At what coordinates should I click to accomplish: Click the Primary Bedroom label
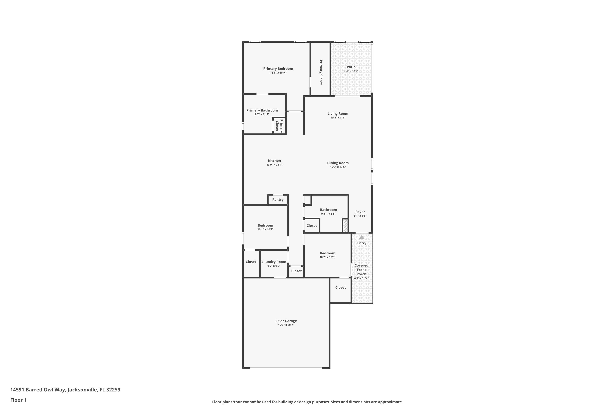pos(278,68)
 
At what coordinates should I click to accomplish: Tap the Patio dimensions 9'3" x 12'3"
pos(351,71)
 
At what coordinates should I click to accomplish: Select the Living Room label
pos(338,114)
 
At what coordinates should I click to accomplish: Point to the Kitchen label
pos(274,161)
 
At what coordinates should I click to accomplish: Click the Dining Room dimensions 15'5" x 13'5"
pos(338,167)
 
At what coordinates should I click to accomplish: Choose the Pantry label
pos(278,199)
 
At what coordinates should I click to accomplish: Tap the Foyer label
pos(360,212)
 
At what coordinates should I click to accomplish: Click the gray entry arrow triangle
pos(362,237)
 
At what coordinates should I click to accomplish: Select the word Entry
pos(362,243)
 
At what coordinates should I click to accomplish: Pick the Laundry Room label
pos(274,262)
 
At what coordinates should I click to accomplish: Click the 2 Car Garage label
pos(286,321)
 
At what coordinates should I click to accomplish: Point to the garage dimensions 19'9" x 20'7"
pos(286,325)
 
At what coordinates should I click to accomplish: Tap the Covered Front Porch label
pos(361,270)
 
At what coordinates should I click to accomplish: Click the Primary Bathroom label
pos(262,110)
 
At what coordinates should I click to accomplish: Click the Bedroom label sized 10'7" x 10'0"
pos(327,253)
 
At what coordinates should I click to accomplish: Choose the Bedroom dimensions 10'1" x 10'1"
pos(265,229)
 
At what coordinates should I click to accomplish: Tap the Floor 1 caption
pos(18,400)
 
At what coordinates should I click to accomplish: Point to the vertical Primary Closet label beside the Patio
pos(321,72)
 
